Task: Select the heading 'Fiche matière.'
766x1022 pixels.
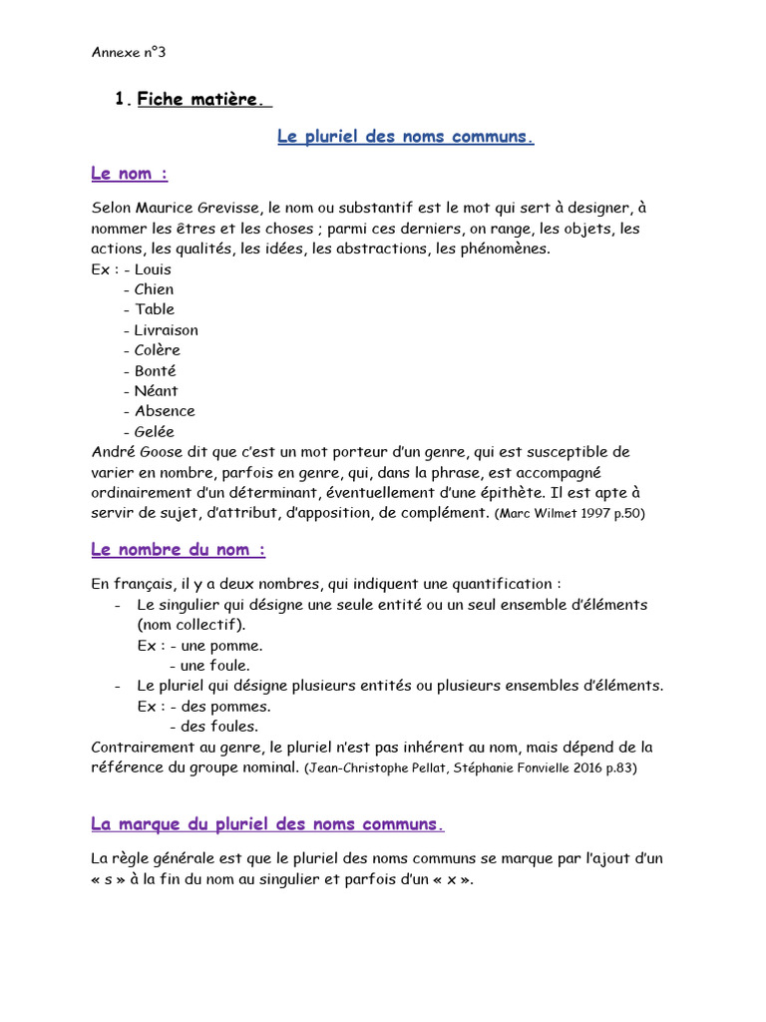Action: pos(202,99)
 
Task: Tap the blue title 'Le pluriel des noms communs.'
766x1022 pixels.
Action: pos(405,137)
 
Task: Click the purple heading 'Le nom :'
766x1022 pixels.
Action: pos(129,174)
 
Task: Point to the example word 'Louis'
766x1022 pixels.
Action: pos(153,269)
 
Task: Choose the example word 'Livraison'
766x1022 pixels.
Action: pos(167,330)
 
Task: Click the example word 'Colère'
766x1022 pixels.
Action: pos(158,350)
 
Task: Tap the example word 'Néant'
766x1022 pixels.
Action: pos(157,391)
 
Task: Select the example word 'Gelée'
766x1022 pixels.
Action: pos(155,432)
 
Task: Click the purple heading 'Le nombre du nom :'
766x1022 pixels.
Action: pos(178,550)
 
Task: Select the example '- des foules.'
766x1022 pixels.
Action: pos(213,727)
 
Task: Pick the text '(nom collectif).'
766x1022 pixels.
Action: pos(191,625)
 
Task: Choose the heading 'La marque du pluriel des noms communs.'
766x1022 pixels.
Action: pos(267,824)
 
